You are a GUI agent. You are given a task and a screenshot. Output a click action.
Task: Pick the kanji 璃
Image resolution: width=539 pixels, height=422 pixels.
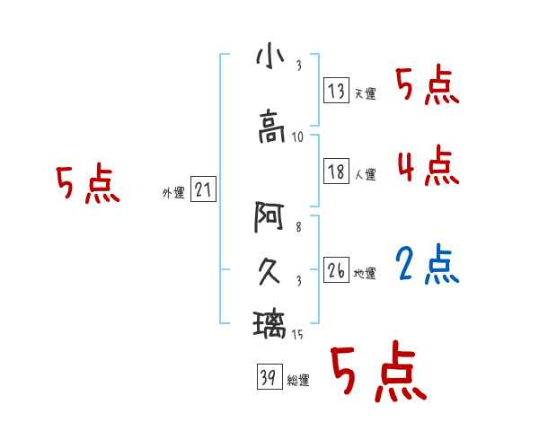click(270, 322)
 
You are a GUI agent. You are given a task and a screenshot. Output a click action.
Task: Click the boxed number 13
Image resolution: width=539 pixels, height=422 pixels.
click(337, 91)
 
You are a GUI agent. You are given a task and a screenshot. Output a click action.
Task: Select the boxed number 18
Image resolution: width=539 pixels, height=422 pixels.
click(337, 172)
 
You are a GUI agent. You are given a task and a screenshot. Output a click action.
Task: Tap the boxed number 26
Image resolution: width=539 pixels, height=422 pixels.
click(337, 271)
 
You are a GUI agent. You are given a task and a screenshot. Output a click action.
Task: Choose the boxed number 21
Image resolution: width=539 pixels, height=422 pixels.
click(203, 189)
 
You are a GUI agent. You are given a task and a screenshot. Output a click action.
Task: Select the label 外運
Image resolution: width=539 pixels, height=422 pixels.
click(173, 192)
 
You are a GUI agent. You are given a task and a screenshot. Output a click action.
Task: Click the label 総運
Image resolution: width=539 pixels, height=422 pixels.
click(298, 381)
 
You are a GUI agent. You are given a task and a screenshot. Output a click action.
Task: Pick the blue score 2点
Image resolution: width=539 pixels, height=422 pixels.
click(428, 264)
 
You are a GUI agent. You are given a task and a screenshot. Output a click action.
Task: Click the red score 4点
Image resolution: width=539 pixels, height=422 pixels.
click(428, 165)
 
